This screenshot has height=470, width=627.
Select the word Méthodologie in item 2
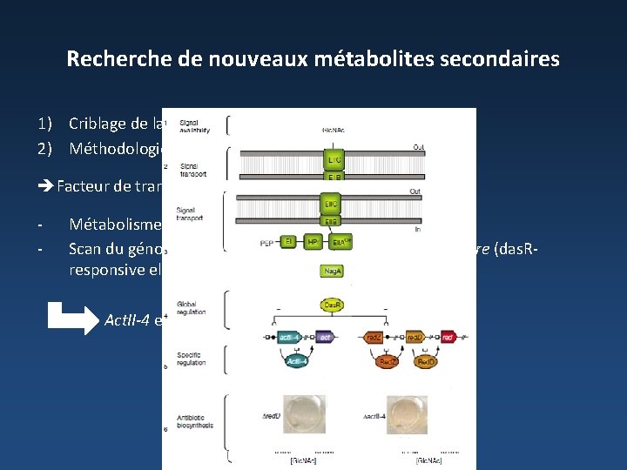[118, 148]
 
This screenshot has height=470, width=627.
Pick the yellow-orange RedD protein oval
[427, 360]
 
